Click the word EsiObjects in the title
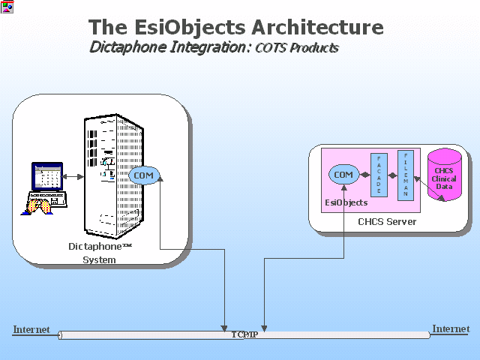[190, 28]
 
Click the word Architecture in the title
[317, 27]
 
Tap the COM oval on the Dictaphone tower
[143, 175]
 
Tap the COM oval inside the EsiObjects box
[343, 175]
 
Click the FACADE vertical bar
[379, 175]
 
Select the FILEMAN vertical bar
[406, 175]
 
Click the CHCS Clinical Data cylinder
[445, 175]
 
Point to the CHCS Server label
[387, 222]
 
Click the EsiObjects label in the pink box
[346, 202]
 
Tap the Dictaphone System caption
[100, 253]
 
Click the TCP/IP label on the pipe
[244, 334]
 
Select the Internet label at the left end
[31, 329]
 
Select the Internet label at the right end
[451, 328]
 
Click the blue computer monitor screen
[47, 177]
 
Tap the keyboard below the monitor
[47, 199]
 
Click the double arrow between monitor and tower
[72, 177]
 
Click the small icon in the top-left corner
[7, 7]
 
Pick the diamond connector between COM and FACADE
[364, 175]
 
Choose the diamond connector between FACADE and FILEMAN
[392, 175]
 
